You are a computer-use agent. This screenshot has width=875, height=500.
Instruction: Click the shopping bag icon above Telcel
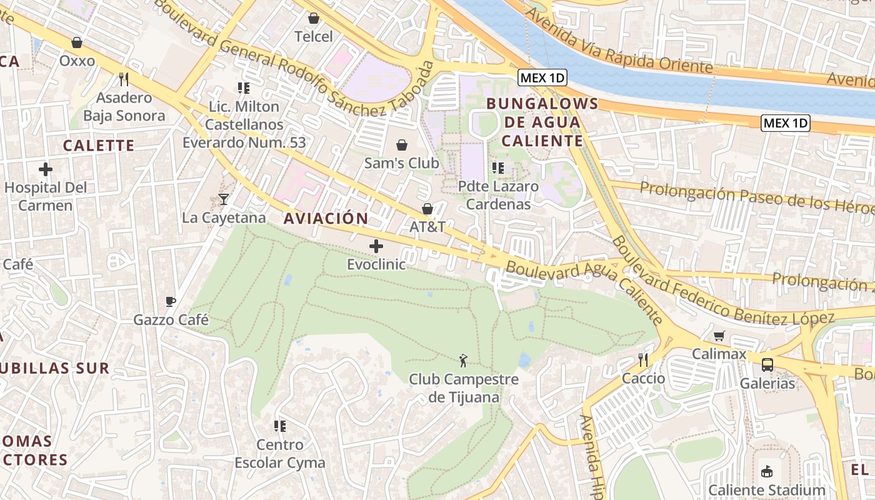click(x=314, y=18)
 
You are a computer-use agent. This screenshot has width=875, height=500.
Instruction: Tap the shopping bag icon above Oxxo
click(x=77, y=42)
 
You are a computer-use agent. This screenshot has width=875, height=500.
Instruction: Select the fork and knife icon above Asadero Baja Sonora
click(x=124, y=79)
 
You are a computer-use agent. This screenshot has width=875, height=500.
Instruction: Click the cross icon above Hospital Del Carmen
click(x=45, y=169)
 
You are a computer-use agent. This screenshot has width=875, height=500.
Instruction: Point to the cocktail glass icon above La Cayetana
click(x=224, y=199)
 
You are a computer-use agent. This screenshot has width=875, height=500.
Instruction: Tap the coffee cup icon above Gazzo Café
click(x=171, y=302)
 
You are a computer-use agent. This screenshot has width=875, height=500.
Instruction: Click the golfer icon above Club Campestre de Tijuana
click(x=463, y=361)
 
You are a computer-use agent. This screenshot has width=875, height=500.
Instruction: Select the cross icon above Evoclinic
click(x=376, y=246)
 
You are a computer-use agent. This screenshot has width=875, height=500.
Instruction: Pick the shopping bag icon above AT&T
click(x=427, y=209)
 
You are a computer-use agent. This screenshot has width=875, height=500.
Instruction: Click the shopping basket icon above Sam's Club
click(x=402, y=145)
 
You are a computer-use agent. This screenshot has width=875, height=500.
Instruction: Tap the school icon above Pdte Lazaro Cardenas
click(x=498, y=167)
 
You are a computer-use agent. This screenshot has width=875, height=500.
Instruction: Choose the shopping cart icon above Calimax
click(x=719, y=336)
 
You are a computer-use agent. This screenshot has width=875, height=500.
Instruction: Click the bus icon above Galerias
click(x=767, y=365)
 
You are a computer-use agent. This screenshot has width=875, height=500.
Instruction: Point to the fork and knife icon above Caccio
click(x=643, y=360)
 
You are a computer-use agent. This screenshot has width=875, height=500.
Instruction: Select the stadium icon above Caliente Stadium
click(x=767, y=472)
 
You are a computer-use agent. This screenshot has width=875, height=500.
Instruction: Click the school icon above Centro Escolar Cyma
click(x=280, y=426)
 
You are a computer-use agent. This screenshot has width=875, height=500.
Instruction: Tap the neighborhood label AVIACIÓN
click(x=326, y=219)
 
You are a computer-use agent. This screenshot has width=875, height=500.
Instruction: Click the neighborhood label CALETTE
click(x=99, y=146)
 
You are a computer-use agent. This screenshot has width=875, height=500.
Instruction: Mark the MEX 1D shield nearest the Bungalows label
click(x=542, y=78)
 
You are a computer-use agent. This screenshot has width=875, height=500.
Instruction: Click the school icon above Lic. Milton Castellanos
click(x=244, y=88)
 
